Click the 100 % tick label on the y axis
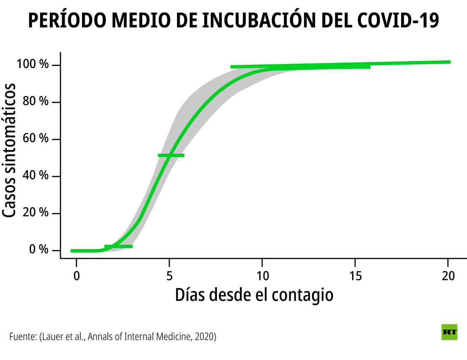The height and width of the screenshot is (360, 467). click(33, 65)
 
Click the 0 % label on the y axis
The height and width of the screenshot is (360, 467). click(39, 250)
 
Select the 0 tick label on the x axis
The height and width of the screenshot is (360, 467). click(77, 276)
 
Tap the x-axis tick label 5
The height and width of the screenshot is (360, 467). click(169, 276)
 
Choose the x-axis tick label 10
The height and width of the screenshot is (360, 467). click(262, 276)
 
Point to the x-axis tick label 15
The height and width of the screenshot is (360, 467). click(355, 276)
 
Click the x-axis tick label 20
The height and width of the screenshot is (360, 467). click(448, 276)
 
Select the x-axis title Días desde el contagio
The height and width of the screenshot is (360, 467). click(254, 295)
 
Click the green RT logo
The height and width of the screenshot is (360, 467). click(449, 332)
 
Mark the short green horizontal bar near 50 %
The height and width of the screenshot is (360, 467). click(171, 155)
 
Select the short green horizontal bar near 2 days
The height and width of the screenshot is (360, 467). click(119, 246)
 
